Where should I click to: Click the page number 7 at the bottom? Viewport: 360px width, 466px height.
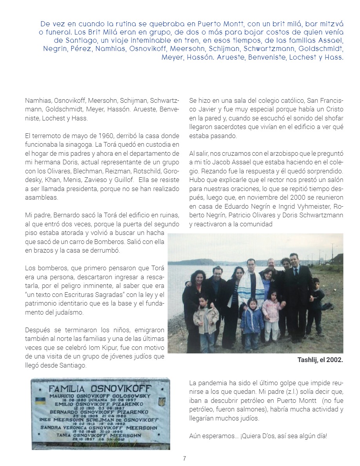(184, 459)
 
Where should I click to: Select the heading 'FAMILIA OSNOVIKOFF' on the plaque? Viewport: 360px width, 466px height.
(101, 389)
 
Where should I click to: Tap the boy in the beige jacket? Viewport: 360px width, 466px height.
(205, 318)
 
